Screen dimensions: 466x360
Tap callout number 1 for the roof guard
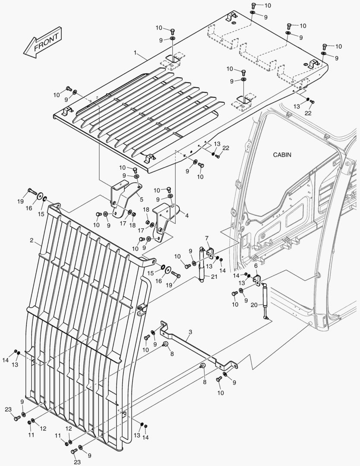pos(135,53)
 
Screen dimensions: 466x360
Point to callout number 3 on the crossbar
pos(190,332)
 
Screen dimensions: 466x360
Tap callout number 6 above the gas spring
pos(256,266)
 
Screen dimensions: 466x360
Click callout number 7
pos(207,238)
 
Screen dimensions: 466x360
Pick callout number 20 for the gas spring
pos(254,305)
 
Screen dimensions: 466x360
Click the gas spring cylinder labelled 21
pos(201,263)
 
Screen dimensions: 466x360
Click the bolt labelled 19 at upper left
pos(32,190)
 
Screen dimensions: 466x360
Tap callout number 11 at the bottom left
pos(31,435)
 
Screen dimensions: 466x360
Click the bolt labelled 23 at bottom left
pos(16,418)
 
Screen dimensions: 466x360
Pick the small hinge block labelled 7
pos(210,251)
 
